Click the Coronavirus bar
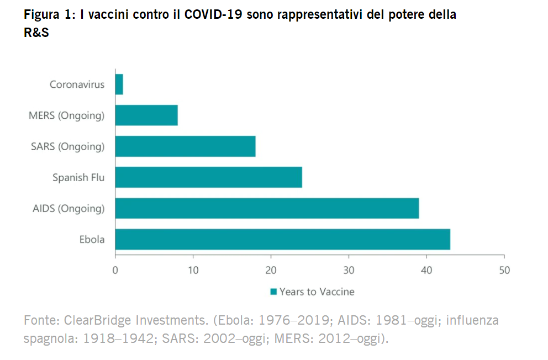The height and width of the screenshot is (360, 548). pos(119,84)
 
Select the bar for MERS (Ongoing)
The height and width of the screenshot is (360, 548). pos(146,115)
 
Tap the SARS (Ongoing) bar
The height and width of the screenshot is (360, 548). pos(185,146)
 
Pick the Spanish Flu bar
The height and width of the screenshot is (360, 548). pos(208,177)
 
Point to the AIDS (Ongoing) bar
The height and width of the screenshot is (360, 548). pos(267,208)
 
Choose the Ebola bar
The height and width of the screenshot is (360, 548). pos(282,239)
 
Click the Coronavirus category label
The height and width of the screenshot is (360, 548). pos(77,84)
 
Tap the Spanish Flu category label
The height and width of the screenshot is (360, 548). pos(78,177)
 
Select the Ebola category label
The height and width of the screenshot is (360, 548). pos(92,239)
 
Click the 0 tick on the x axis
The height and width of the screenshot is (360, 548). pos(115,271)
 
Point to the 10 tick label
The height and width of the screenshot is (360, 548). pos(193,271)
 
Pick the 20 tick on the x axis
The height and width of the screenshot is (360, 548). pos(271,271)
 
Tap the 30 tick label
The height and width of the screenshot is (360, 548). pos(349,271)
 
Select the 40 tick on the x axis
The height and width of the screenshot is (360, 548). pos(426,271)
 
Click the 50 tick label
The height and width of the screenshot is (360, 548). pos(504,271)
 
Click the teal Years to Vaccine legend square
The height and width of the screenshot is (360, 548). pos(273,292)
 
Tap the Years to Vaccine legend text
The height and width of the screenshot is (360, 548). pos(317,292)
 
